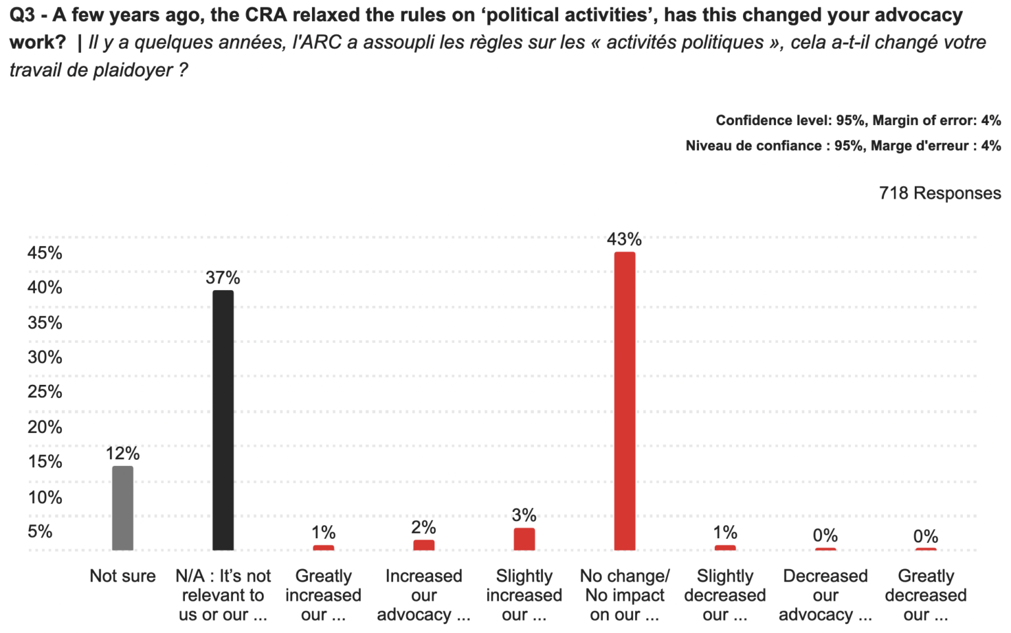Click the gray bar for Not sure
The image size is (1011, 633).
[x=122, y=507]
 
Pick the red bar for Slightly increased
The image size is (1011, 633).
[x=524, y=539]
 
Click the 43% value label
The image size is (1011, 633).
[x=624, y=239]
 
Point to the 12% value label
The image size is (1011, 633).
[x=122, y=453]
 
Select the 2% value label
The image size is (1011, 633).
[x=423, y=527]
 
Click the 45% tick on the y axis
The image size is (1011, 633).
[x=45, y=253]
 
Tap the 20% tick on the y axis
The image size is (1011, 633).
[x=45, y=427]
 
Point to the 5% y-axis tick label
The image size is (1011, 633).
[x=40, y=532]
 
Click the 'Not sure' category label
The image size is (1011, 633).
[x=122, y=576]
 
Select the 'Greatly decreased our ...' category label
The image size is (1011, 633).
[x=925, y=595]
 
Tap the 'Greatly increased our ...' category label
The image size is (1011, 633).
[x=323, y=595]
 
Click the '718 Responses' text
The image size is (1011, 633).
[x=939, y=193]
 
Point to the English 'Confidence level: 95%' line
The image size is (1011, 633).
[x=858, y=120]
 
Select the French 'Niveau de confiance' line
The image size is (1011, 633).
[x=842, y=145]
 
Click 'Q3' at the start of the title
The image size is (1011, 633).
[x=22, y=14]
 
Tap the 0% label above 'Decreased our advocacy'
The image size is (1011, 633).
[x=825, y=536]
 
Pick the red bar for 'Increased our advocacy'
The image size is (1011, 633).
[x=423, y=545]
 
